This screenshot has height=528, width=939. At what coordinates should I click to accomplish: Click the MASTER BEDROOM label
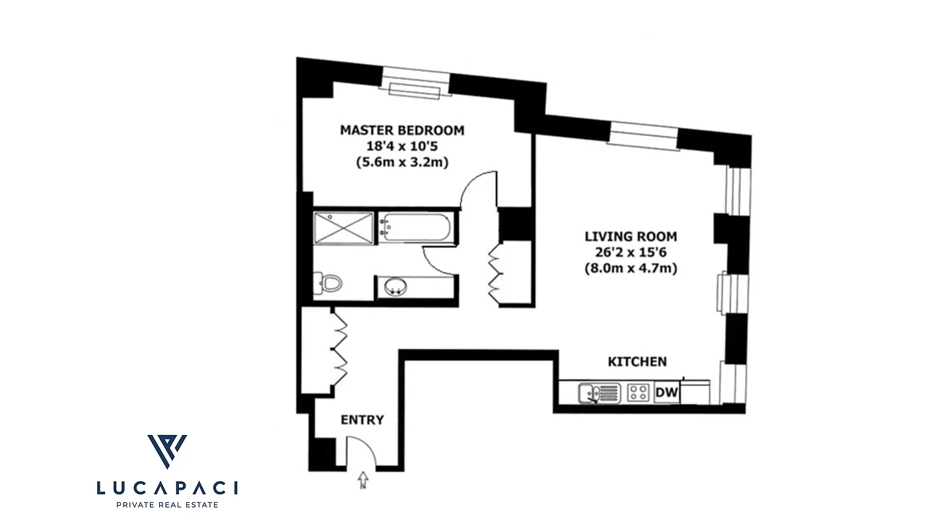tap(401, 130)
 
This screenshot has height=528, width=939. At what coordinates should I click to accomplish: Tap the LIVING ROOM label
tap(631, 236)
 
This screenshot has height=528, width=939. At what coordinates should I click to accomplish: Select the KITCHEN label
tap(637, 362)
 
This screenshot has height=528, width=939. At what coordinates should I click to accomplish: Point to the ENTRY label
tap(362, 420)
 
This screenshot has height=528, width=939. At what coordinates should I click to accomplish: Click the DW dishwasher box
tap(667, 393)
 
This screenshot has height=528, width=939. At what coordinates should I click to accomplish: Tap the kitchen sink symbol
tap(598, 393)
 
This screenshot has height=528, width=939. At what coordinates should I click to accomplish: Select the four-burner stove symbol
tap(638, 393)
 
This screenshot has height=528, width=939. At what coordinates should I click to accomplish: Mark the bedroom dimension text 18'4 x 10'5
tap(401, 146)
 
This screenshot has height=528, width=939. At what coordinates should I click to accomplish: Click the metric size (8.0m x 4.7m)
tap(631, 269)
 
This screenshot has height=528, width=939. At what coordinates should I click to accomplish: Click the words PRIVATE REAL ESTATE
tap(167, 505)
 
